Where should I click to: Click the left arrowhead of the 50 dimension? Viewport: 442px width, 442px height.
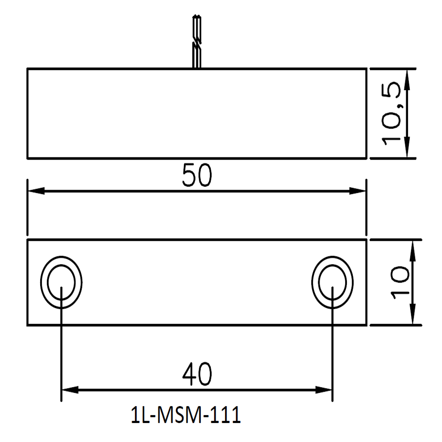pos(34,191)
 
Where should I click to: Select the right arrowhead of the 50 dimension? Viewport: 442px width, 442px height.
pos(359,191)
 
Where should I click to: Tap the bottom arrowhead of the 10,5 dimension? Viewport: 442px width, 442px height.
pos(407,151)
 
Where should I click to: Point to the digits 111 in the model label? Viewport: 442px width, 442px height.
pos(228,417)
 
